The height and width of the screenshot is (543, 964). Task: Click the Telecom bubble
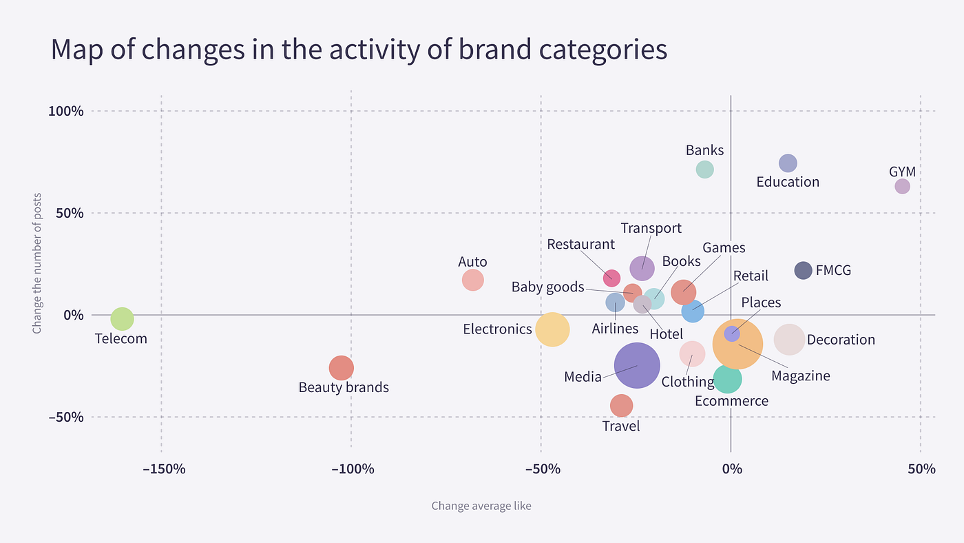coord(122,319)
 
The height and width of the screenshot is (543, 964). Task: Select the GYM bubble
coord(902,186)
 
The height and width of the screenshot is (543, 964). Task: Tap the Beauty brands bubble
coord(341,368)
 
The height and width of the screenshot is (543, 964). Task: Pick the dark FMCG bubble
coord(803,271)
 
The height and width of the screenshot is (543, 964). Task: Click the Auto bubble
coord(472,280)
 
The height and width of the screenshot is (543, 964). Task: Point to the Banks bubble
coord(704,170)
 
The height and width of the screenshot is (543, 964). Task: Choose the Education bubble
coord(788,163)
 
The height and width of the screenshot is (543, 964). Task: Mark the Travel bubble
coord(621,406)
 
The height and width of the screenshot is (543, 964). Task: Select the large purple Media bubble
coord(637,366)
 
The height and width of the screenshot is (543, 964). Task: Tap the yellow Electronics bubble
coord(552,329)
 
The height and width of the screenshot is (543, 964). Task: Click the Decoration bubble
coord(789,339)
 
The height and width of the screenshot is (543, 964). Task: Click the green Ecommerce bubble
coord(727,378)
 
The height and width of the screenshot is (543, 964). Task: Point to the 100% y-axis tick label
coord(67,111)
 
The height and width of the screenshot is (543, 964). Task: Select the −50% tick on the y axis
coord(65,417)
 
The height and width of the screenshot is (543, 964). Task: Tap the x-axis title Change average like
coord(481,506)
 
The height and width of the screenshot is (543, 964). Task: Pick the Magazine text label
coord(800,376)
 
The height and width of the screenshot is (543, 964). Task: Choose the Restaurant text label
coord(580,244)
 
